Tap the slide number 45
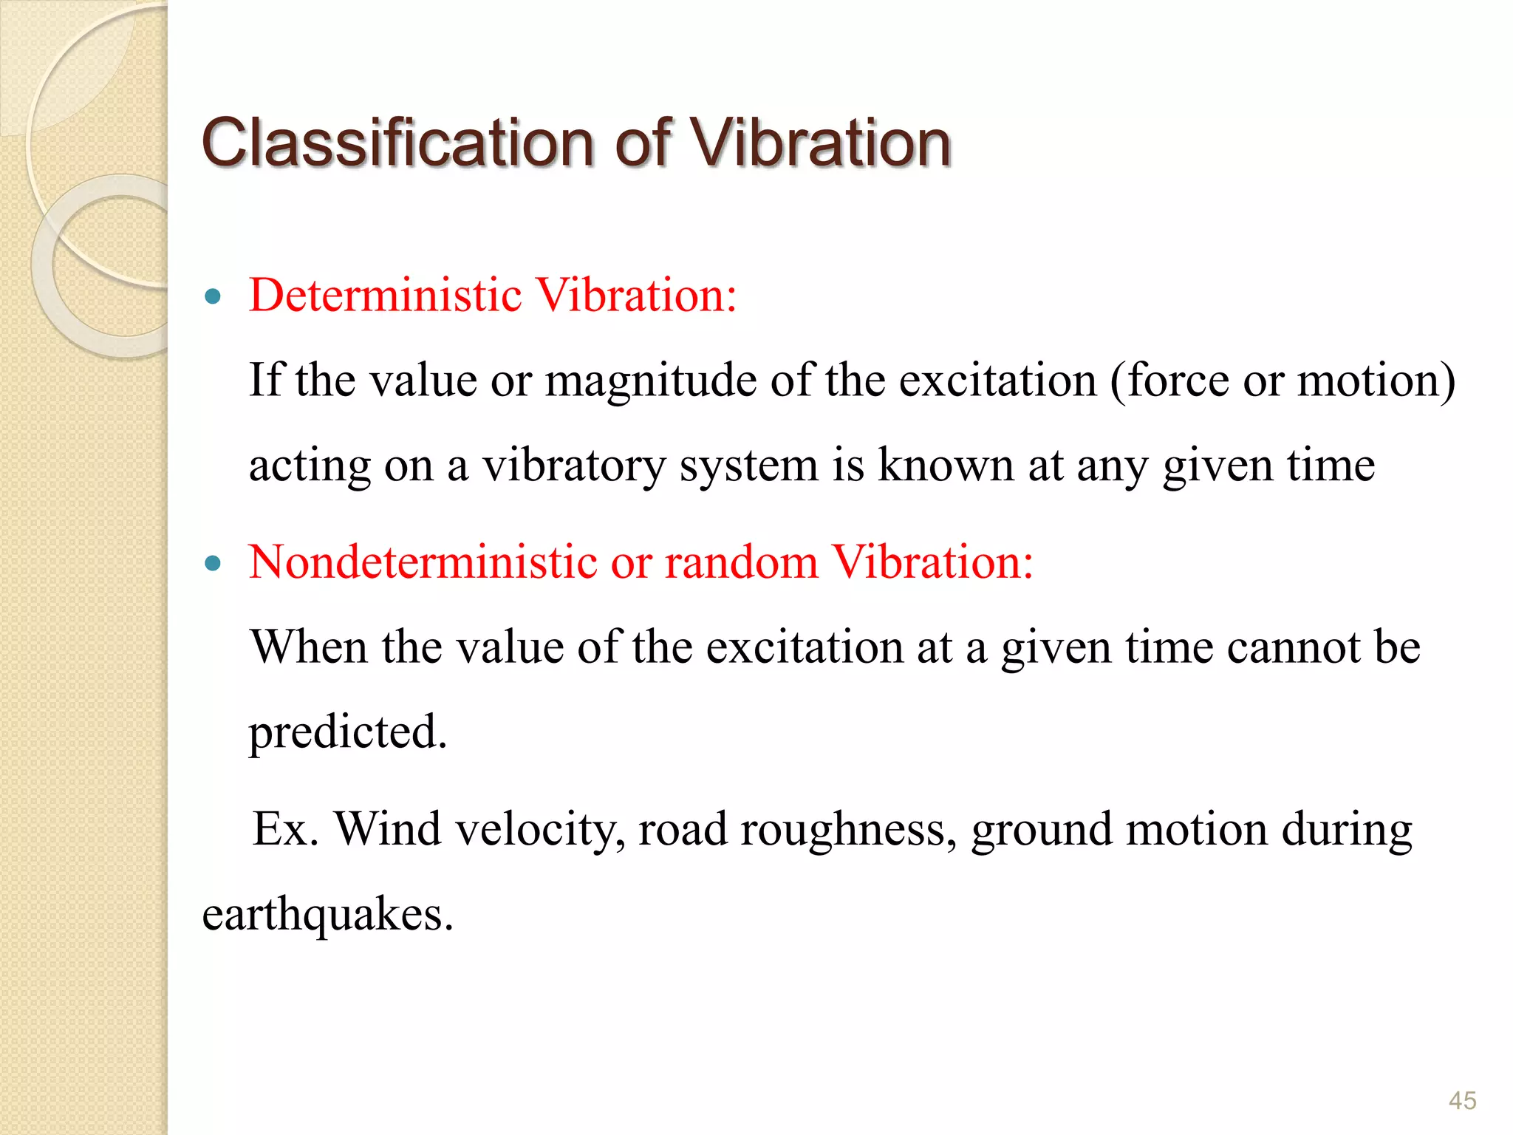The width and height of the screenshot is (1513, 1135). [x=1462, y=1100]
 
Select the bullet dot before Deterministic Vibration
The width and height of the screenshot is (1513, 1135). [x=214, y=297]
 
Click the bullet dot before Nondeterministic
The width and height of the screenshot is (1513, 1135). [x=214, y=564]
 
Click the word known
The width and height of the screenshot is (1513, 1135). [x=945, y=466]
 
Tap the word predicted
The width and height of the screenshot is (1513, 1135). [x=347, y=733]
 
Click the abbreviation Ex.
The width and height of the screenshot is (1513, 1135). [x=285, y=829]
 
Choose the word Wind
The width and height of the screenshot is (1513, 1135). [x=389, y=829]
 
